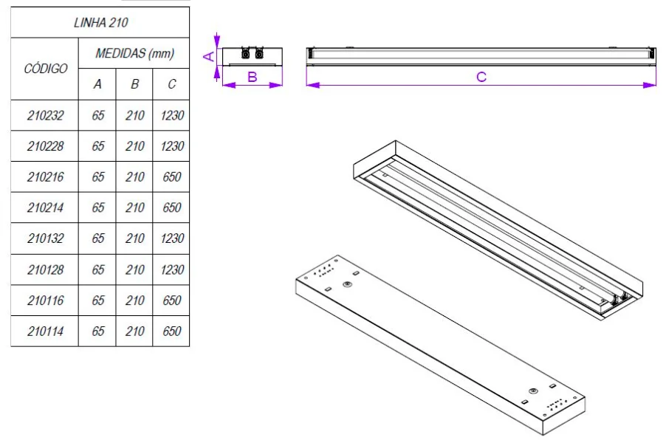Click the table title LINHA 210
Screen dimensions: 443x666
[x=100, y=22]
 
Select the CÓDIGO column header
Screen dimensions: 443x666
[x=45, y=69]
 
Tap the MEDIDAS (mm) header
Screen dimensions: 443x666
[x=134, y=54]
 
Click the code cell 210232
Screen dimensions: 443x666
[x=45, y=115]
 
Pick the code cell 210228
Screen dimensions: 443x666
[x=45, y=146]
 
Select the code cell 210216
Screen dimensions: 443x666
[x=45, y=177]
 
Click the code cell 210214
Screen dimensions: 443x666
[x=45, y=207]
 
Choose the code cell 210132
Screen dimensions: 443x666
[x=45, y=238]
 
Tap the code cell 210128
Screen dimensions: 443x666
[x=45, y=269]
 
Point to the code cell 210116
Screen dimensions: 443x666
[x=45, y=301]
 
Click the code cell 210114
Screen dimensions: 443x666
[x=45, y=332]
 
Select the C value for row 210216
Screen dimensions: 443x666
[x=171, y=177]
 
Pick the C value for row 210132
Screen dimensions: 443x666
[x=171, y=238]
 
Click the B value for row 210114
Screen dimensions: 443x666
[x=134, y=332]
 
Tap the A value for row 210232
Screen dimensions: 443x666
[x=97, y=115]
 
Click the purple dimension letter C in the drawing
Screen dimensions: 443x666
[x=481, y=77]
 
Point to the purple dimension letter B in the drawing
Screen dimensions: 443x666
[x=252, y=77]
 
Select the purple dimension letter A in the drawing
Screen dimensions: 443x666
[x=209, y=55]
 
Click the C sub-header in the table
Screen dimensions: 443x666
[x=171, y=84]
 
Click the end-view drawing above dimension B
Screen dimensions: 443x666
[x=252, y=55]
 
